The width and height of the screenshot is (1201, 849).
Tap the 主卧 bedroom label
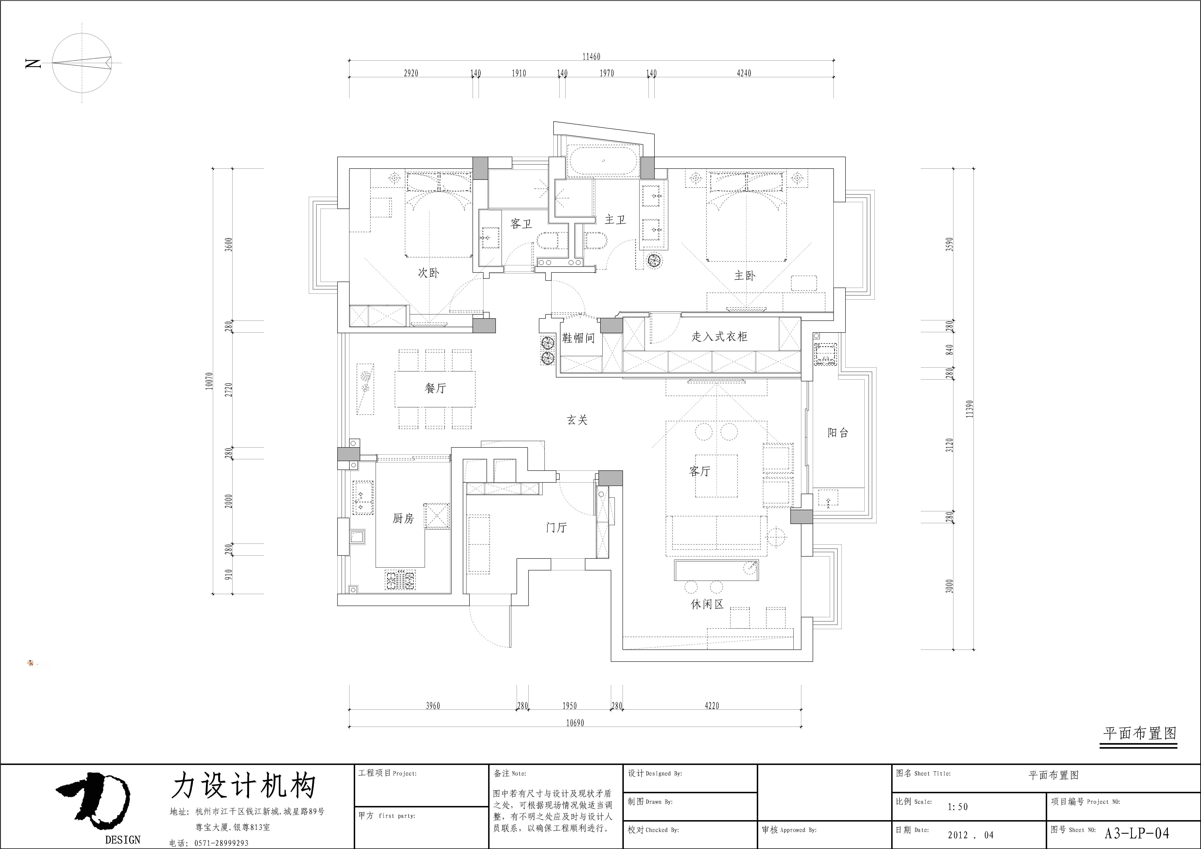pos(745,276)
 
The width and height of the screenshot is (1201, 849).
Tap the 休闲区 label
pos(707,604)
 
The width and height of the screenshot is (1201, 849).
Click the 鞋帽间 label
pos(578,338)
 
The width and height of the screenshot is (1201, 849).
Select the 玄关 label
pos(577,420)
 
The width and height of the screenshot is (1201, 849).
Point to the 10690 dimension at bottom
pos(575,723)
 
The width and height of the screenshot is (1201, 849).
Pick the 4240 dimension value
pos(744,73)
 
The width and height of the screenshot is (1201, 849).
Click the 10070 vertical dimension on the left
pos(209,381)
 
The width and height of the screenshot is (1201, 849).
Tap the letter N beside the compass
pos(33,64)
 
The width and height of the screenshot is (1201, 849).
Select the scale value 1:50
pos(957,807)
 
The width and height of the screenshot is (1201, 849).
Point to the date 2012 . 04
pos(970,835)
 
